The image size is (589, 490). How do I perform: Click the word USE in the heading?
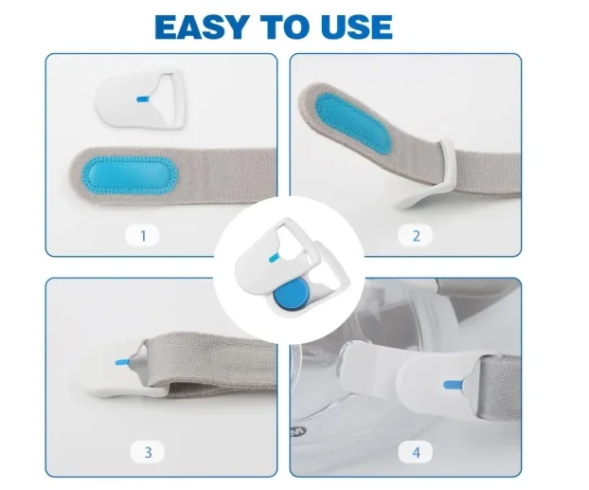pos(354,26)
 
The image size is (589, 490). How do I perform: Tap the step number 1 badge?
pos(143,233)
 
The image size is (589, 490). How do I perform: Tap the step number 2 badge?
pos(415,233)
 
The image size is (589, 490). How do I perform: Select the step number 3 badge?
pos(148,452)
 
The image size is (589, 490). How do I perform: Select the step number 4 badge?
pos(415,452)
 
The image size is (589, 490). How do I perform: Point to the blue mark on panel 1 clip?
pos(142,99)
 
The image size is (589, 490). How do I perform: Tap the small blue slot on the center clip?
pos(273,259)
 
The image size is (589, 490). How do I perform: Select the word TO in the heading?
pos(280,26)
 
